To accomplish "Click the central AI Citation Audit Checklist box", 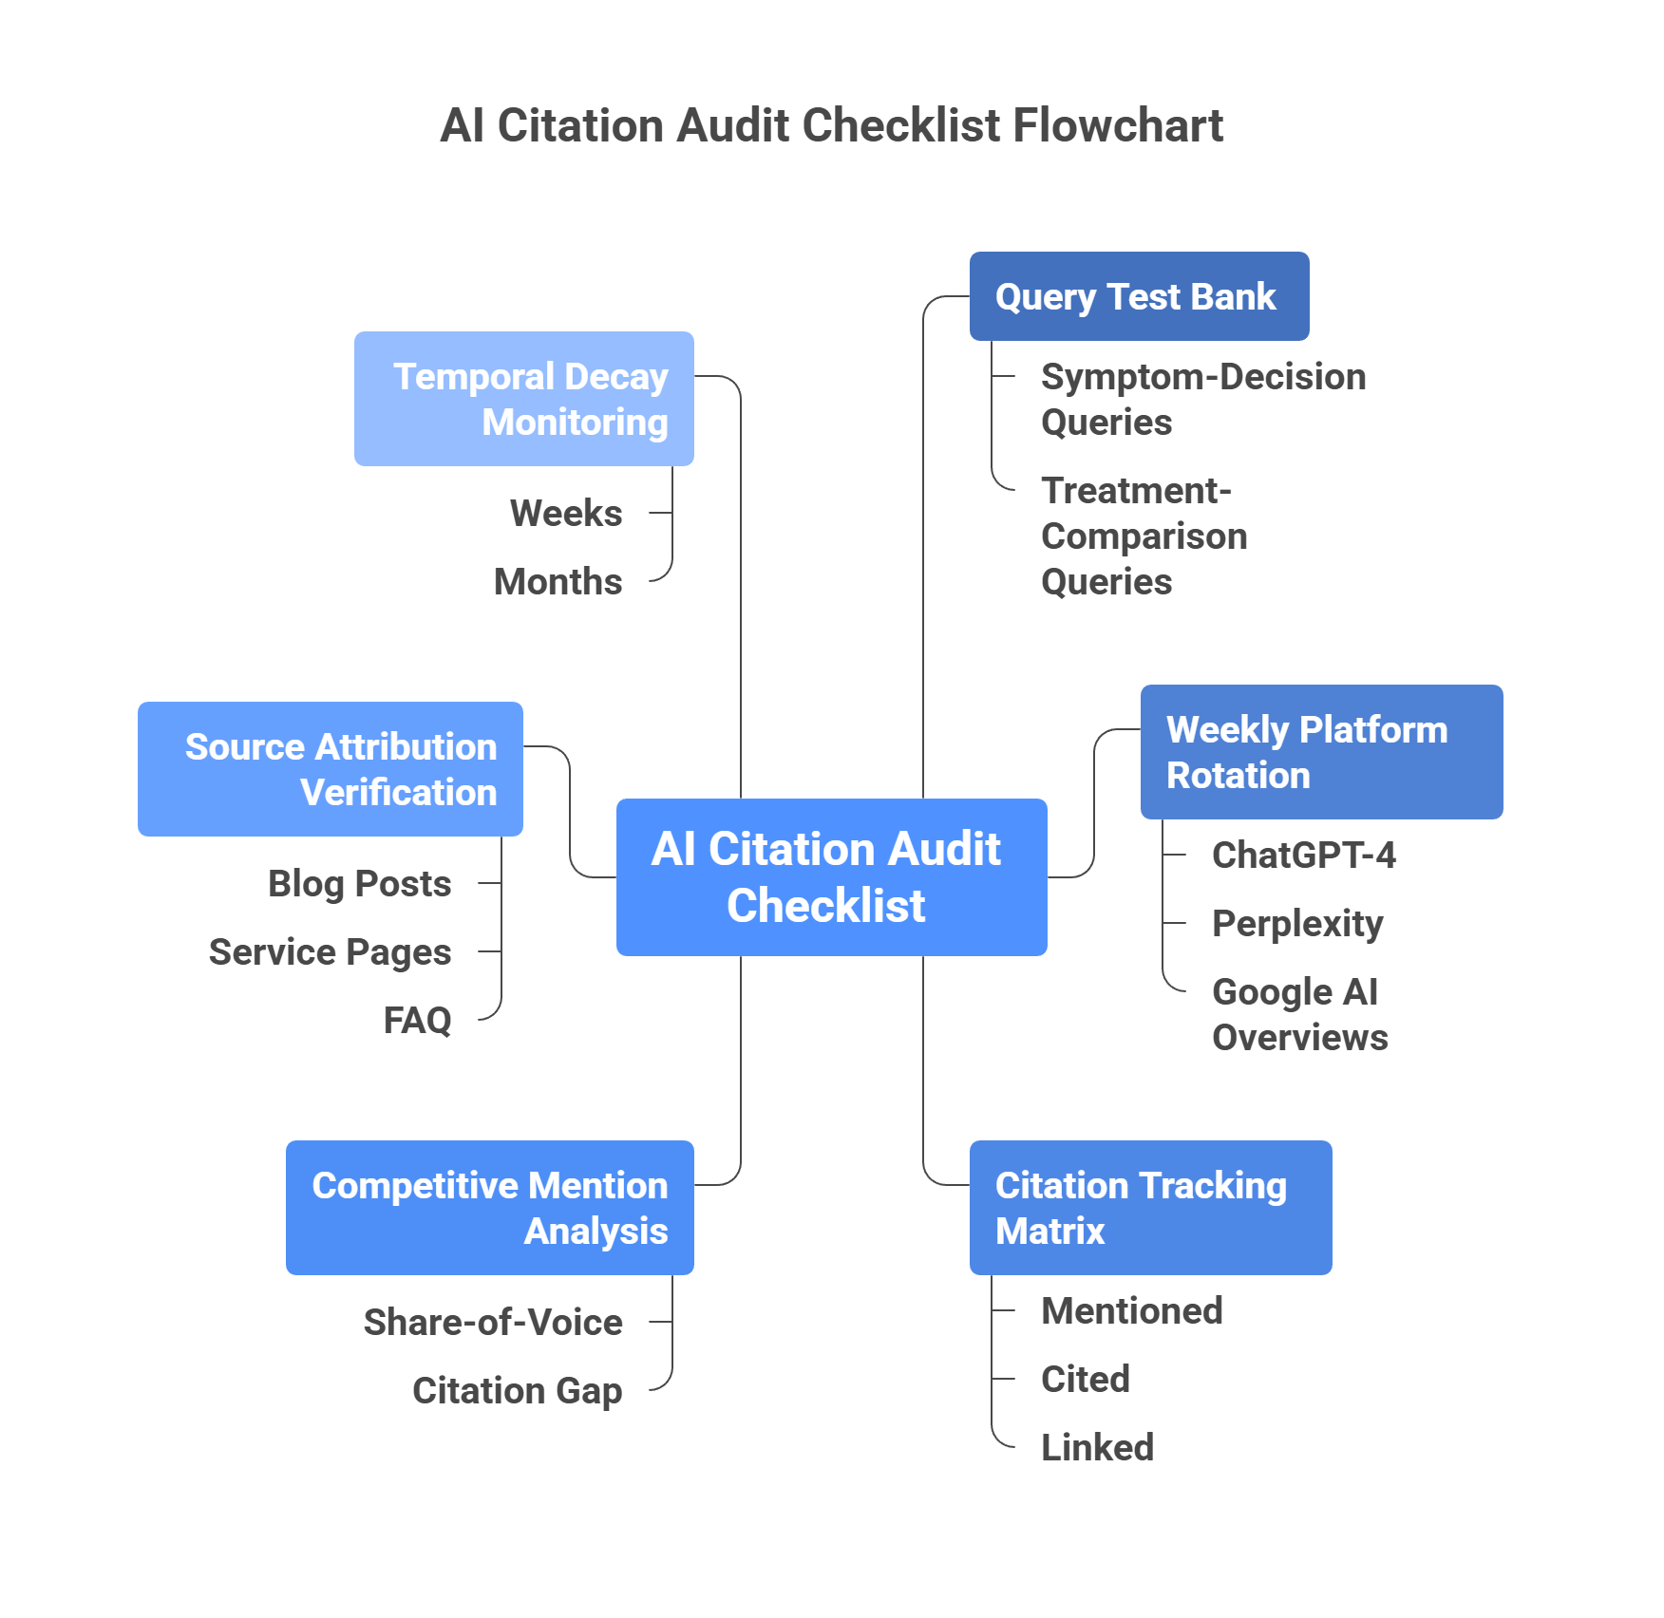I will (x=831, y=876).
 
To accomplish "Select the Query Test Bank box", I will (x=1139, y=296).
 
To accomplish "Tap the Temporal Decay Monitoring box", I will (x=524, y=399).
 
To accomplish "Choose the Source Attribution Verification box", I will (x=331, y=769).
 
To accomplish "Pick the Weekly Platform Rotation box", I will (x=1321, y=752).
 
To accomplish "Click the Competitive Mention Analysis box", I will (x=490, y=1208).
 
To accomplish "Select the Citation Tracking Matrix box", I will (x=1150, y=1208).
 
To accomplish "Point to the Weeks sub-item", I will (x=566, y=513).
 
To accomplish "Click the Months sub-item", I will (x=558, y=581).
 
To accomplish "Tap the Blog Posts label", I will (x=360, y=883).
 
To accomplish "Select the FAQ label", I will (x=417, y=1020).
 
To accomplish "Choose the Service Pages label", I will (x=330, y=951).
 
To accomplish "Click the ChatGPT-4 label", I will (x=1304, y=855).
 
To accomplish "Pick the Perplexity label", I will (x=1297, y=923).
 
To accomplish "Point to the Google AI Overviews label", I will (x=1299, y=1014).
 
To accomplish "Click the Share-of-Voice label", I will (x=493, y=1322).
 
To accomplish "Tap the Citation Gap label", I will (x=518, y=1390).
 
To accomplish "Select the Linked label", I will (x=1097, y=1447).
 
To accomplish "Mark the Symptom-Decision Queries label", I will (x=1202, y=399).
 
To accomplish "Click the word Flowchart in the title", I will (x=1117, y=125).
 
